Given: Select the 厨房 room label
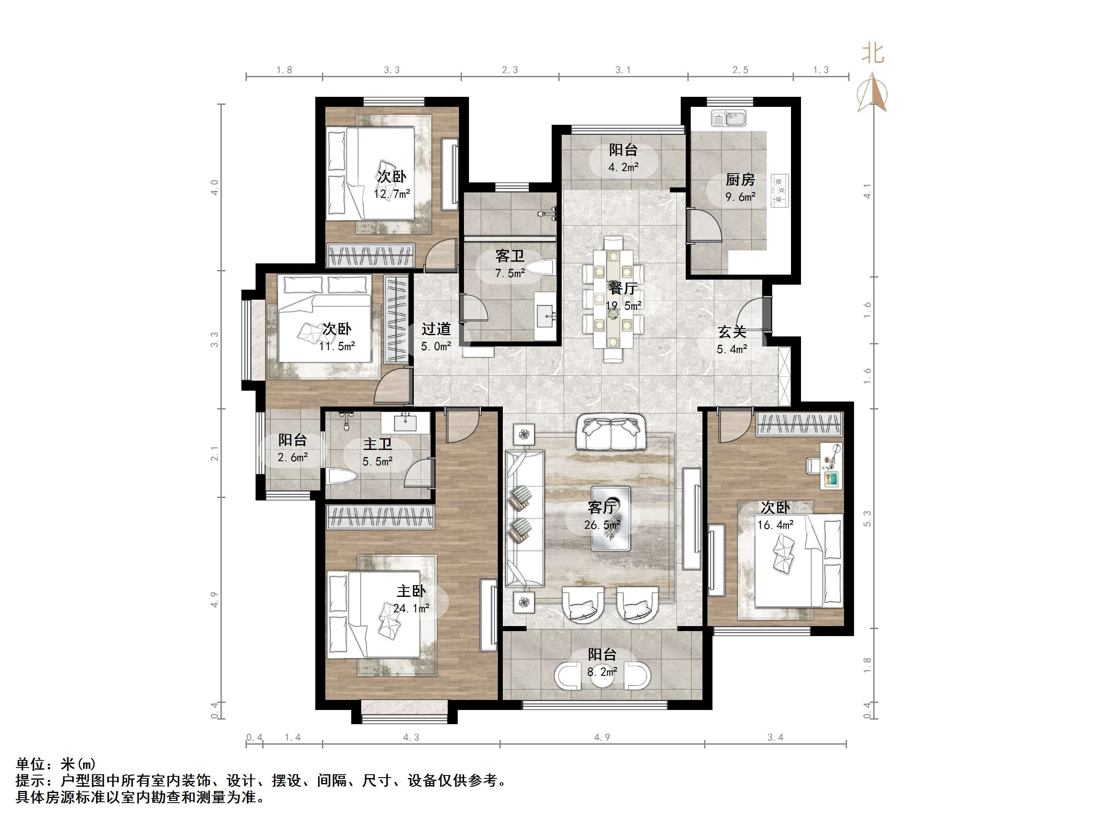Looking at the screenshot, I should (x=740, y=179).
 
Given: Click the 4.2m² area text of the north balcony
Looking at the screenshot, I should (x=623, y=167).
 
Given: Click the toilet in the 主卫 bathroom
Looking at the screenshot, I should (x=342, y=477).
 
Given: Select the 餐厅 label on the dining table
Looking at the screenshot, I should (x=623, y=288).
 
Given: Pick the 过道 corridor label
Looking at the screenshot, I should (x=436, y=329).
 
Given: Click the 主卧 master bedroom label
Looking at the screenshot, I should (x=411, y=591).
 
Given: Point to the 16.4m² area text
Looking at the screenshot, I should (x=775, y=525).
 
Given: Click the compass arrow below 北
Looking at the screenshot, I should (x=873, y=93).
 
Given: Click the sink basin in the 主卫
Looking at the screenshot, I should (x=406, y=423).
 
